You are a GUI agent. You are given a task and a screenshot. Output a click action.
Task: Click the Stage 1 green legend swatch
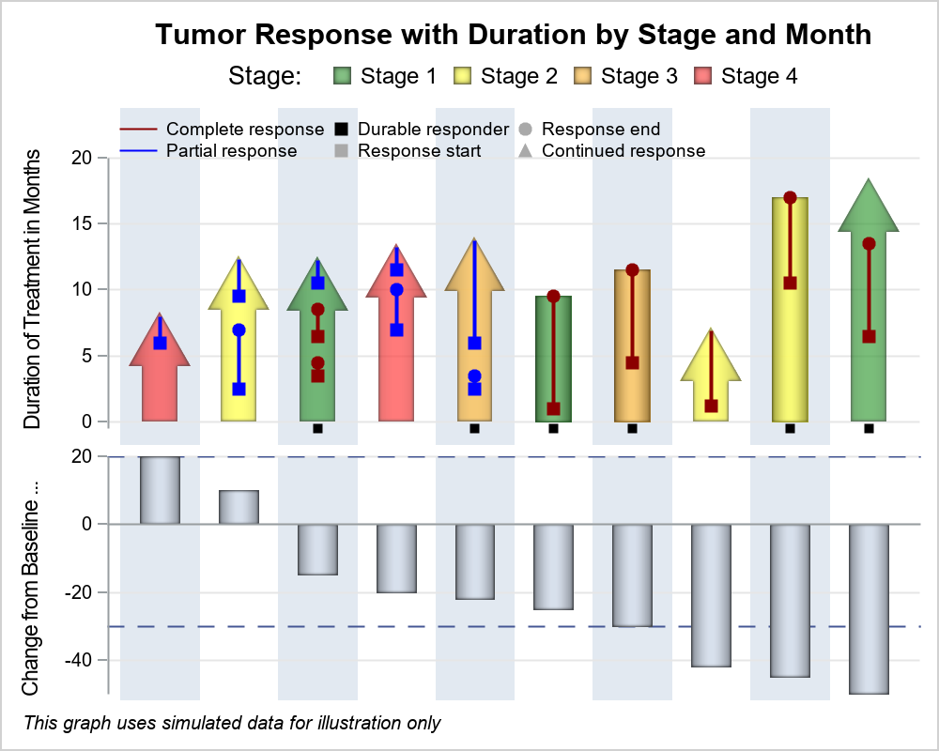(x=342, y=76)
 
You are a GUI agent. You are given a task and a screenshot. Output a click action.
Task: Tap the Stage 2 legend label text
(x=518, y=76)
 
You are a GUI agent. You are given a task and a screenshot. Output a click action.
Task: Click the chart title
(x=514, y=35)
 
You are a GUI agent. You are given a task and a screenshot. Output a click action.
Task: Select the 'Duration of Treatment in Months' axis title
(x=33, y=289)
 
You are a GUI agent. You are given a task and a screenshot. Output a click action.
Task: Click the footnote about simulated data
(x=232, y=723)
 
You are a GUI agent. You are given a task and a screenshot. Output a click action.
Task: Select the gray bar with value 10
(x=239, y=507)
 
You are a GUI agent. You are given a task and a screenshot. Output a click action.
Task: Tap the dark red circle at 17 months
(x=790, y=198)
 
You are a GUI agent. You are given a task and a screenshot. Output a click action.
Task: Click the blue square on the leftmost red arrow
(x=160, y=343)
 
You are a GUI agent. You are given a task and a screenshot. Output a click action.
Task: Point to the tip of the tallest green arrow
(x=869, y=180)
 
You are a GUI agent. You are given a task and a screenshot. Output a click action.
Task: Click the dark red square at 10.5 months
(x=790, y=283)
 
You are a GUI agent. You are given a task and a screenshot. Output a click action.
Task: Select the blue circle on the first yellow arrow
(x=239, y=330)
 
